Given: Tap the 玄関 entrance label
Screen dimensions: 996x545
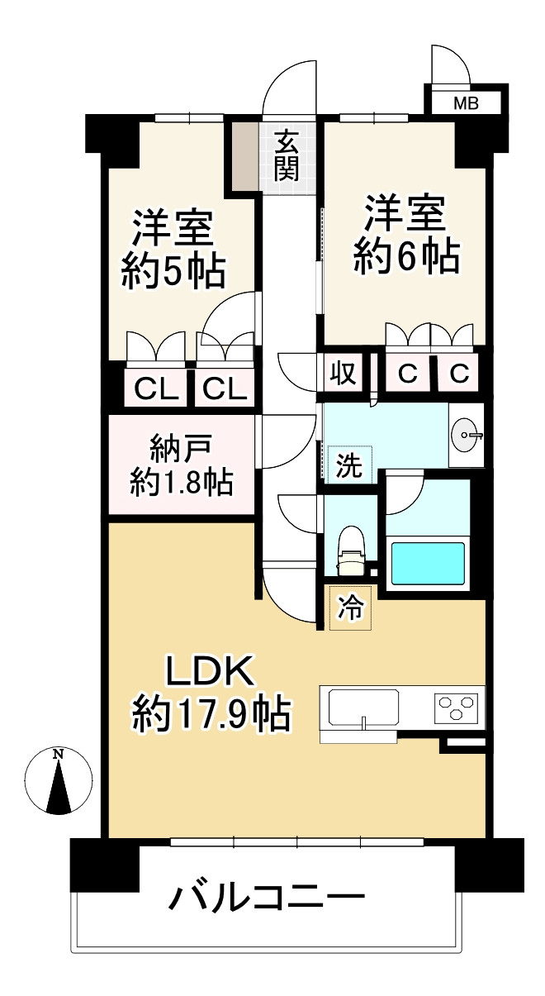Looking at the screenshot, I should [287, 156].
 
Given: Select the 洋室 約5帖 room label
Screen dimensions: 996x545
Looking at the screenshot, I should [173, 248].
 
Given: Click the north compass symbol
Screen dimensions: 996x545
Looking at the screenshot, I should [58, 781].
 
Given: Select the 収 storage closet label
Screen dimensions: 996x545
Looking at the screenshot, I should [343, 374].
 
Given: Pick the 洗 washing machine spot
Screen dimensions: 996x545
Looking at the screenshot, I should [349, 465].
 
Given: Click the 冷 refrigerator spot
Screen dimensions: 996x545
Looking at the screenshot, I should [350, 609].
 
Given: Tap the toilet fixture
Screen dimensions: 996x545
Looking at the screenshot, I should [352, 550].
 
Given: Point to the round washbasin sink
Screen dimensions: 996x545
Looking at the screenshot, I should [467, 432].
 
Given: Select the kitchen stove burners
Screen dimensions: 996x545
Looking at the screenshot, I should [456, 708].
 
